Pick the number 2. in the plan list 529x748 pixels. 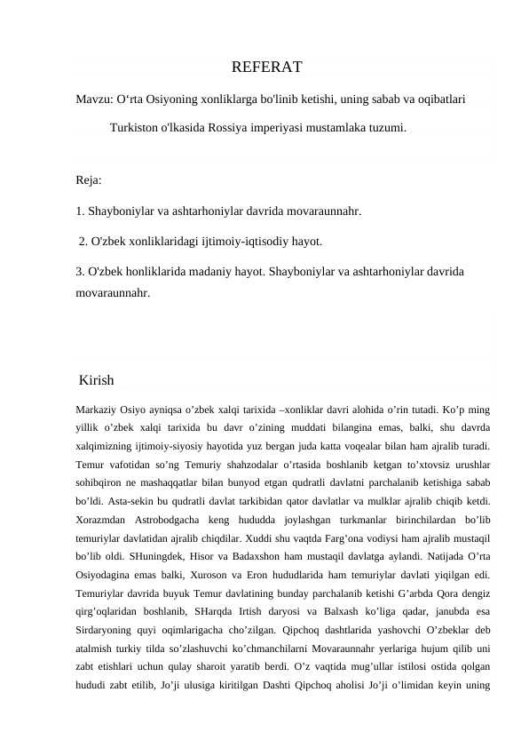tap(84, 241)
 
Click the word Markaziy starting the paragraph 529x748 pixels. tap(99, 410)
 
